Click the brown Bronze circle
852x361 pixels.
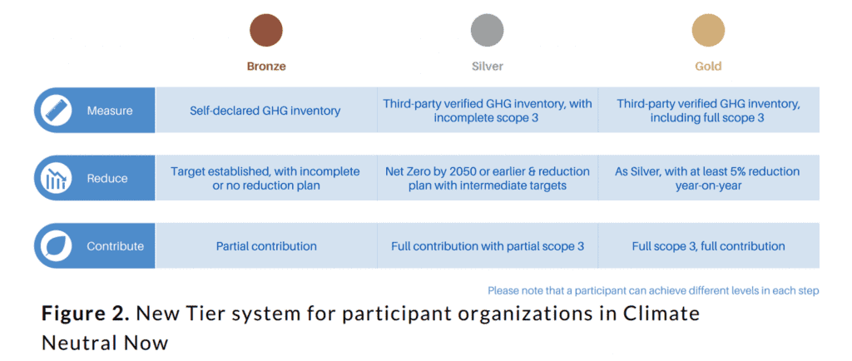point(265,30)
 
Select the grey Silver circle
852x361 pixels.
point(487,30)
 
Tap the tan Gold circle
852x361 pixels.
point(708,30)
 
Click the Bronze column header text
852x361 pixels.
point(266,67)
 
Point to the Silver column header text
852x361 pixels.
point(488,67)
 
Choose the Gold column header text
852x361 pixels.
point(708,67)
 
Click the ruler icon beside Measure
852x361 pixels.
point(57,110)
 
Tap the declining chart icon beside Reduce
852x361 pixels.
point(57,178)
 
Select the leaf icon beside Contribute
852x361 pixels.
point(57,246)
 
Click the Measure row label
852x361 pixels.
point(109,111)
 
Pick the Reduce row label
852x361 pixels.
point(107,179)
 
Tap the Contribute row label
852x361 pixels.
point(115,246)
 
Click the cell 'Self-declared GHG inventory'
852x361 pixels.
point(265,111)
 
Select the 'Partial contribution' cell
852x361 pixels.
point(266,246)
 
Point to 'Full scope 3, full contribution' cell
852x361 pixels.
point(708,246)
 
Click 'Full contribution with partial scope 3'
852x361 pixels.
point(488,246)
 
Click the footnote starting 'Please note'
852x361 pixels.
point(653,290)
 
